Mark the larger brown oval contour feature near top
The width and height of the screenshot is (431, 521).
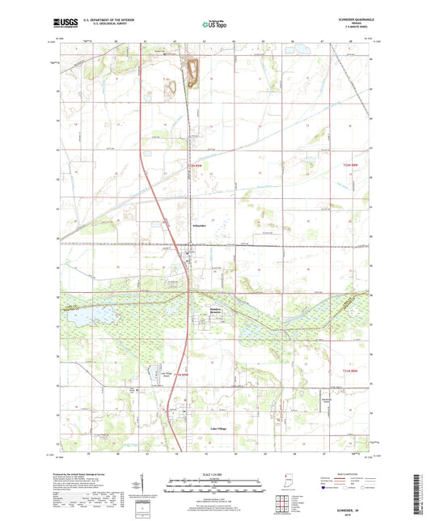point(192,71)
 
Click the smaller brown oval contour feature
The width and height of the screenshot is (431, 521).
point(171,85)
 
